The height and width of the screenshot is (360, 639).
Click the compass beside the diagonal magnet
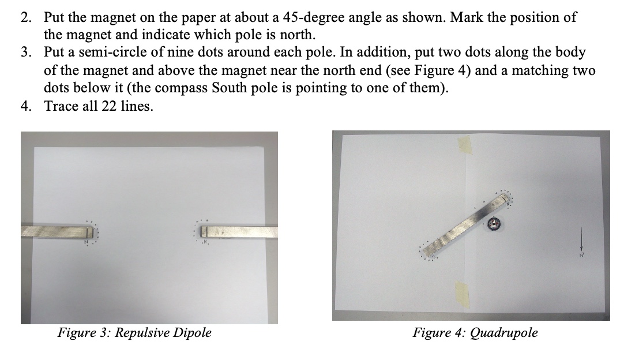[495, 223]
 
